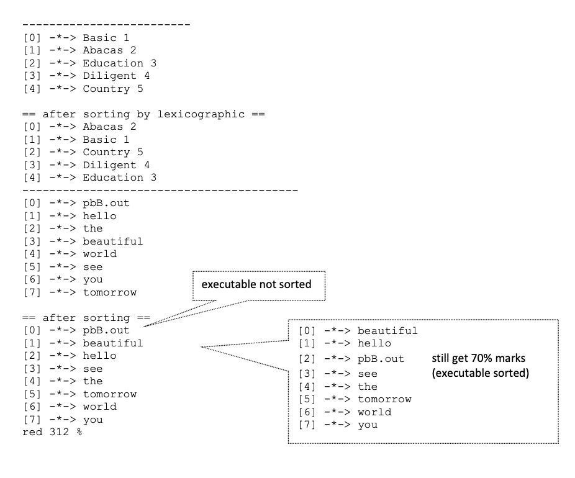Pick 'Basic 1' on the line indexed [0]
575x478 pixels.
click(x=106, y=38)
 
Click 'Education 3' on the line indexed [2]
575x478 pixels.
click(x=119, y=63)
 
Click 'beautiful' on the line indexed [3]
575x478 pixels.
click(x=112, y=241)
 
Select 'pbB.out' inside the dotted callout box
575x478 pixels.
click(x=381, y=359)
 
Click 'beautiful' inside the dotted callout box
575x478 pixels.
click(x=387, y=331)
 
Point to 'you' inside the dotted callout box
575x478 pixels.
click(x=367, y=425)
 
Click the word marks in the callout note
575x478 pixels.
click(x=513, y=359)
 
